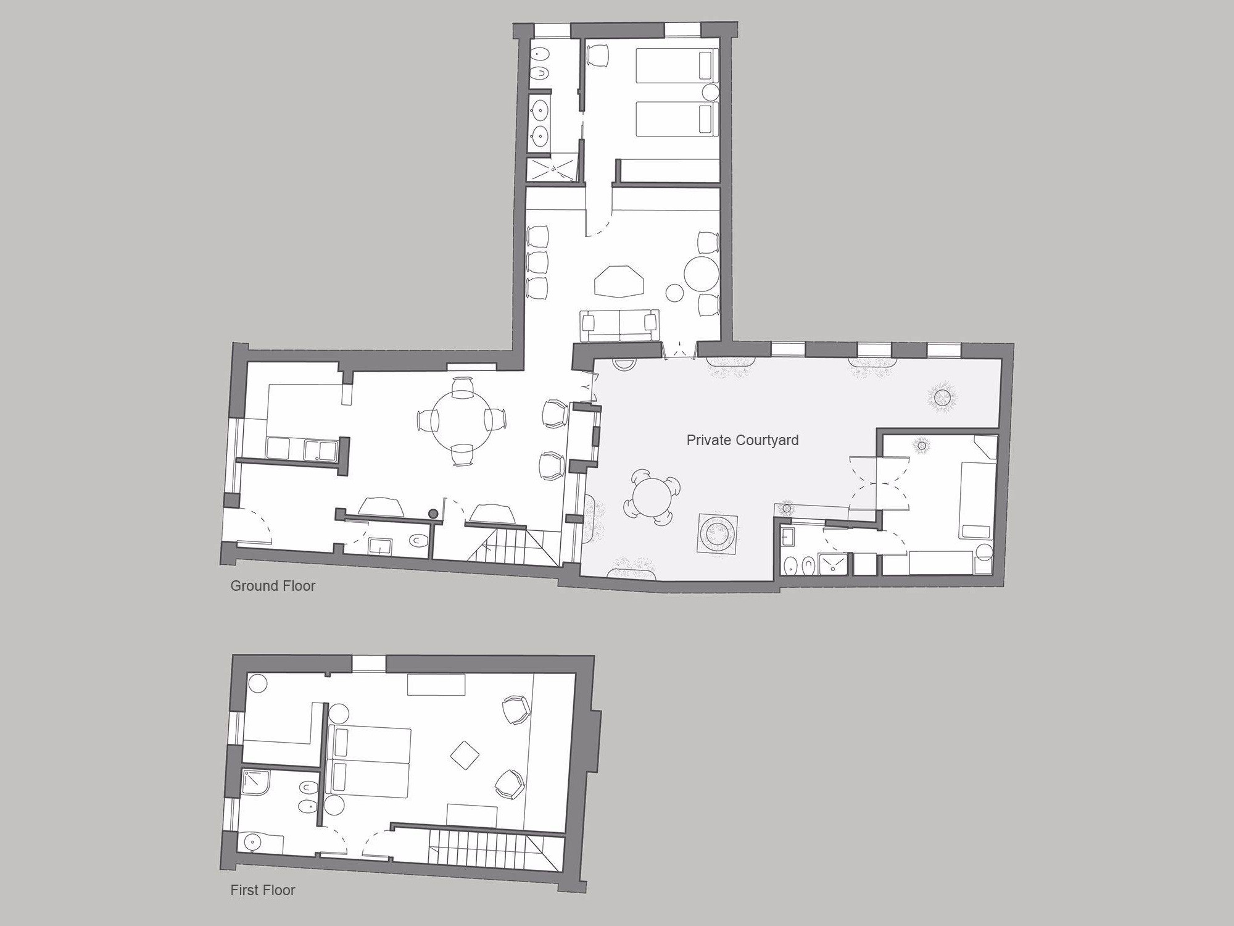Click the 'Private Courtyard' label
point(742,440)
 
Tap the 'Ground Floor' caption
point(273,586)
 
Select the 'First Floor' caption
point(263,890)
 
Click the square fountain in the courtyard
point(718,532)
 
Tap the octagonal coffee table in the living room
point(619,282)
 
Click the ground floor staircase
point(513,544)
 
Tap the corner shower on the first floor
point(256,783)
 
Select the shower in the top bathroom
point(553,167)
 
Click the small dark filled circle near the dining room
point(433,513)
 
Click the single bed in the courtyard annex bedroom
point(978,501)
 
